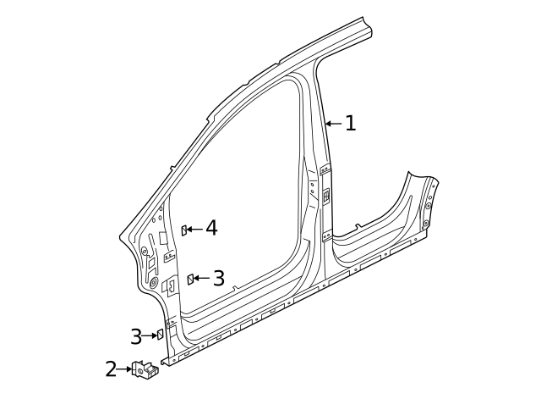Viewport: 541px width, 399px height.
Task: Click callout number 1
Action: (350, 124)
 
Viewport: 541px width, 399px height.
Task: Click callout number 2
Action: (111, 369)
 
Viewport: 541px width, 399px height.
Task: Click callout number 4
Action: (211, 228)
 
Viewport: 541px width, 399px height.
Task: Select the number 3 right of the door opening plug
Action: (218, 278)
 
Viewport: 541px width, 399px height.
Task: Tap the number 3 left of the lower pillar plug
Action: (136, 336)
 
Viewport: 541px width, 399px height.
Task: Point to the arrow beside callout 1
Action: (333, 124)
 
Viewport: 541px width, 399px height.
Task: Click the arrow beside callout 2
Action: (124, 369)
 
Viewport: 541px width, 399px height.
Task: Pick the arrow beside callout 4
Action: (196, 229)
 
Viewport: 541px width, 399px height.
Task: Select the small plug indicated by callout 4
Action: (184, 230)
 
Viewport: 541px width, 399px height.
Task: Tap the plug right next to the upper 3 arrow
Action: (191, 279)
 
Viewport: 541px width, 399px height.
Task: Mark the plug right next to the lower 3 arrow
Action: (158, 335)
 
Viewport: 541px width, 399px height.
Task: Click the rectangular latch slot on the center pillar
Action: (324, 197)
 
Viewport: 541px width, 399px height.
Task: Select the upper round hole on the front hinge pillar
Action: (144, 250)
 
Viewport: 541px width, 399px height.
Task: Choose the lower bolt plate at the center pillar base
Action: (325, 236)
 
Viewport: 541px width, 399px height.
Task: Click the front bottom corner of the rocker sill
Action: (166, 363)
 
